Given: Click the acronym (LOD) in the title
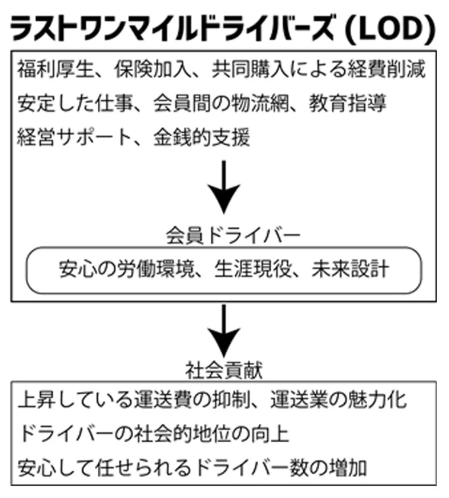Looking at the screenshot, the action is click(390, 30).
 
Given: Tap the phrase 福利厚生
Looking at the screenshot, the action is click(56, 69).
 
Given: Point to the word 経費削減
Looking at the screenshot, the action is click(386, 69).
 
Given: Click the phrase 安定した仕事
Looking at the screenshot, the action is click(75, 103).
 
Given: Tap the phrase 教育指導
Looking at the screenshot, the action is click(348, 103).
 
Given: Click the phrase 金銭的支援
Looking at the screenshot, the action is click(202, 138).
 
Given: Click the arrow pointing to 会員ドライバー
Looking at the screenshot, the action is click(224, 187).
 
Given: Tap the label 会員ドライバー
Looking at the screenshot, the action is click(233, 236).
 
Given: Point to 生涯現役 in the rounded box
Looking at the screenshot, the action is click(253, 269).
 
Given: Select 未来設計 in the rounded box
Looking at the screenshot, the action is click(350, 269).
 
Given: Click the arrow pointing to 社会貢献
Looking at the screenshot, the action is click(224, 331).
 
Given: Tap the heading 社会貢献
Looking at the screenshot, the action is click(224, 371).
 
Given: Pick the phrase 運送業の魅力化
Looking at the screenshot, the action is click(339, 400).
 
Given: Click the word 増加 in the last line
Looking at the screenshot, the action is click(348, 468).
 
